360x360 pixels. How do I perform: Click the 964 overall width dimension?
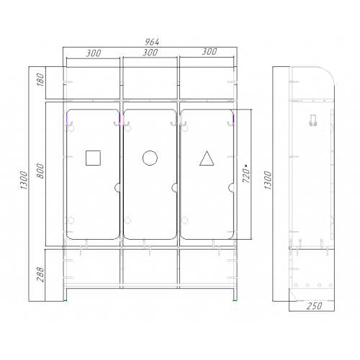tap(152, 42)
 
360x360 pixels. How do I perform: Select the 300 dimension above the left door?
tap(94, 53)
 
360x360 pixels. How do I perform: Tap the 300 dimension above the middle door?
tap(150, 52)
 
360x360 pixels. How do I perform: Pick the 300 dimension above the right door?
tap(210, 51)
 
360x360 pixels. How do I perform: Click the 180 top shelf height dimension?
tap(41, 80)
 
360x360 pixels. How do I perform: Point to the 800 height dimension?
tap(40, 171)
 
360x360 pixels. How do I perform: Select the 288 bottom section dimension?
tap(40, 274)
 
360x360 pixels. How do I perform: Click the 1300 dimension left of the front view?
tap(24, 180)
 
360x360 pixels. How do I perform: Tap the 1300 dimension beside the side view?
tap(268, 180)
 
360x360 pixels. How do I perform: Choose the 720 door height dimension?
tap(246, 174)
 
